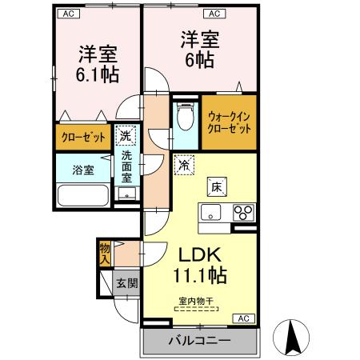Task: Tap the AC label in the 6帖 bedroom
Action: (x=215, y=14)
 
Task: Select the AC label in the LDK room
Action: (x=242, y=318)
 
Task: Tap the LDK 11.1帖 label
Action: (x=199, y=265)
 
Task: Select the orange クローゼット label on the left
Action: (x=83, y=137)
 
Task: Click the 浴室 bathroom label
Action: (x=83, y=170)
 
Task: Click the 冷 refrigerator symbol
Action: (x=184, y=166)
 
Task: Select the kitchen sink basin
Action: (x=211, y=213)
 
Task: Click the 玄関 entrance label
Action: (x=126, y=282)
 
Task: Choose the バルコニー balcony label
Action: (x=199, y=341)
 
